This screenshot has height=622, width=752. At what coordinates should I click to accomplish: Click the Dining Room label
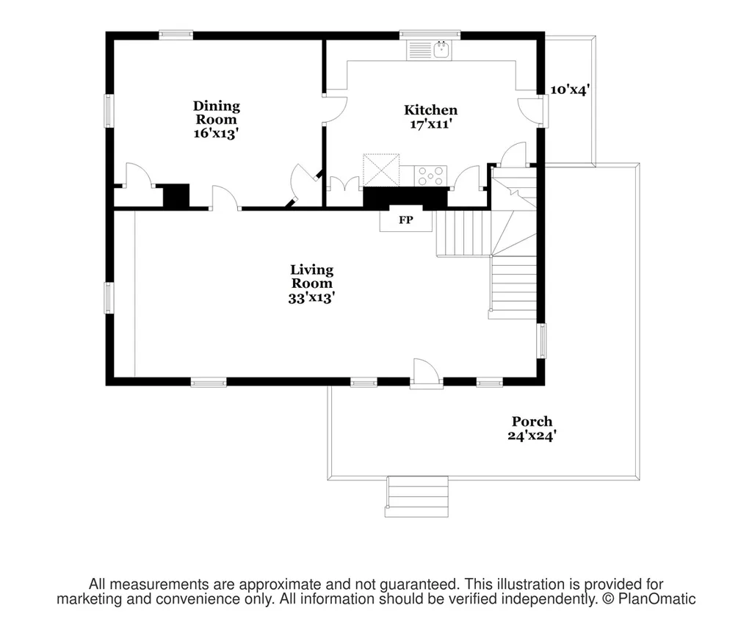click(x=217, y=112)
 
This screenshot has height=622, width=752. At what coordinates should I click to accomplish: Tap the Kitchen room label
click(x=430, y=110)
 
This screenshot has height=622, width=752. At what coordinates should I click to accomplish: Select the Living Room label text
click(x=311, y=276)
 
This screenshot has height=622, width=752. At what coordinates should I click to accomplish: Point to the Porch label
click(x=532, y=421)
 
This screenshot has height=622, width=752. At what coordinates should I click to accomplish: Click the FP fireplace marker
click(x=405, y=220)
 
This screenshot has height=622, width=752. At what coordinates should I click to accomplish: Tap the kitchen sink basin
click(x=441, y=50)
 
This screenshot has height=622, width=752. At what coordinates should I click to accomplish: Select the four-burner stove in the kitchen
click(x=430, y=176)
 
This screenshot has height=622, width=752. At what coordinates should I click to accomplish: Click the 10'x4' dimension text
click(x=570, y=90)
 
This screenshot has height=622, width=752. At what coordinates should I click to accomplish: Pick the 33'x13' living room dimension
click(x=311, y=298)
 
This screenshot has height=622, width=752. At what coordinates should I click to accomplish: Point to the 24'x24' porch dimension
click(x=532, y=435)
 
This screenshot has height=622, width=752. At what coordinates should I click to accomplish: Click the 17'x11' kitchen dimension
click(x=430, y=123)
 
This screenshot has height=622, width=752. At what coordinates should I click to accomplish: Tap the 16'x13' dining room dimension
click(x=217, y=133)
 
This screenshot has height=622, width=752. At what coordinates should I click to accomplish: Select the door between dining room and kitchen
click(x=335, y=109)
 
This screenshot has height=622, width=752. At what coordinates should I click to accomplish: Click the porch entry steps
click(x=416, y=497)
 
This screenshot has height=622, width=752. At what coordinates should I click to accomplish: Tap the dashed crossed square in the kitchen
click(x=381, y=170)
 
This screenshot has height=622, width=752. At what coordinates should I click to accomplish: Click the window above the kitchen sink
click(x=430, y=35)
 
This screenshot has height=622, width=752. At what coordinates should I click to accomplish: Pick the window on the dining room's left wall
click(x=109, y=111)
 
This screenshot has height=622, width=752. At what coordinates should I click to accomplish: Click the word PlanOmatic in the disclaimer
click(x=657, y=599)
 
